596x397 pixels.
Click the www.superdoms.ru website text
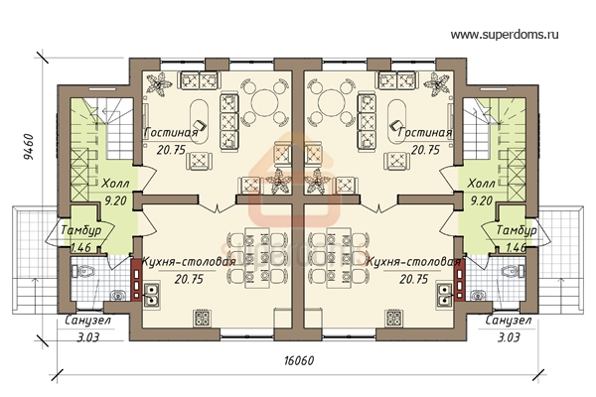[505, 35]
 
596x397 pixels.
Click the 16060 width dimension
[299, 360]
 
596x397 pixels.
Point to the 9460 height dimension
[29, 147]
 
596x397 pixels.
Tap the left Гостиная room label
[172, 133]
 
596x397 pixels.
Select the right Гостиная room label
[425, 133]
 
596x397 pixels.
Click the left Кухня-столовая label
[189, 262]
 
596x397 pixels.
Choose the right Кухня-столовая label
[413, 262]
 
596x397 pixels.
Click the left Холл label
[115, 184]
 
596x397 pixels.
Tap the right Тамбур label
[517, 230]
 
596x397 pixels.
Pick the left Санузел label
[87, 321]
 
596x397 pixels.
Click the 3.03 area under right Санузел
[509, 337]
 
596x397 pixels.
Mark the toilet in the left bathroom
[81, 272]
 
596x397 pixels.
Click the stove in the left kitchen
[202, 318]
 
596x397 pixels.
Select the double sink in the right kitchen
[443, 295]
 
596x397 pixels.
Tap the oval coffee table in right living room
[396, 121]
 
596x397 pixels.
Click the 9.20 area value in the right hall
[481, 200]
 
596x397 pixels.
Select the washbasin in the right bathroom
[478, 295]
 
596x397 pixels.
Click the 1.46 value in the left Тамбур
[81, 247]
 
